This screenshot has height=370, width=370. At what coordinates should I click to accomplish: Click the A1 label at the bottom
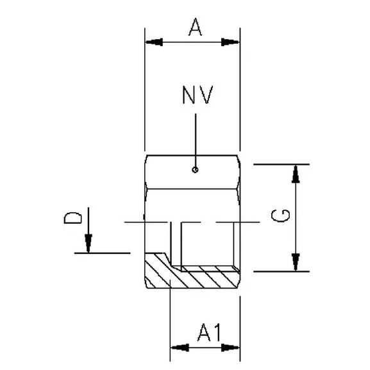pos(206,332)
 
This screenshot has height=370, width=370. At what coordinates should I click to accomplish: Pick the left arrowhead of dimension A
pos(154,42)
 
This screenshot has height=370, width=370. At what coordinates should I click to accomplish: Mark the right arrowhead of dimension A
pos(231,42)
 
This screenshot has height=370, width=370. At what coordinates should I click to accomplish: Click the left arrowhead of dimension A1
pos(178,348)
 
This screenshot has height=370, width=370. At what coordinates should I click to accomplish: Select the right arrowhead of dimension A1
pos(231,348)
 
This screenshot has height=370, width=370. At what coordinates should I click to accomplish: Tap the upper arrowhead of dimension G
pos(296,172)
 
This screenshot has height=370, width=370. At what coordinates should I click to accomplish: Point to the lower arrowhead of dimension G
pos(296,262)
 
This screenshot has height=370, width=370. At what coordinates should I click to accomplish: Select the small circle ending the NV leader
pos(196,170)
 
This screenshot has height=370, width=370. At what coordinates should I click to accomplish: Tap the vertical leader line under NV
pos(196,138)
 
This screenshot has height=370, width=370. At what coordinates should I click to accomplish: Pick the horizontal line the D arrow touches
pos(103,253)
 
